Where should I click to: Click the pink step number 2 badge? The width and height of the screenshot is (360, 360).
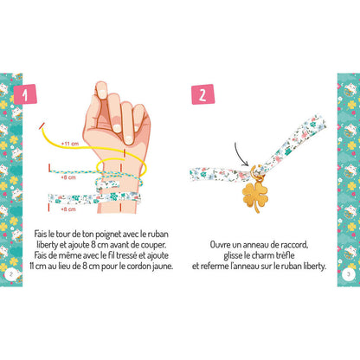pos(202,93)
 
